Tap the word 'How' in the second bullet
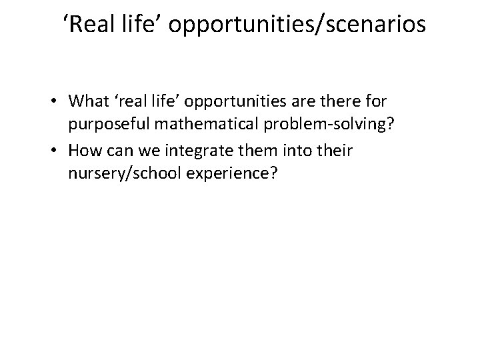tap(83, 151)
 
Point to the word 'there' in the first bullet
tap(338, 101)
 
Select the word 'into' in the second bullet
tap(289, 151)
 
